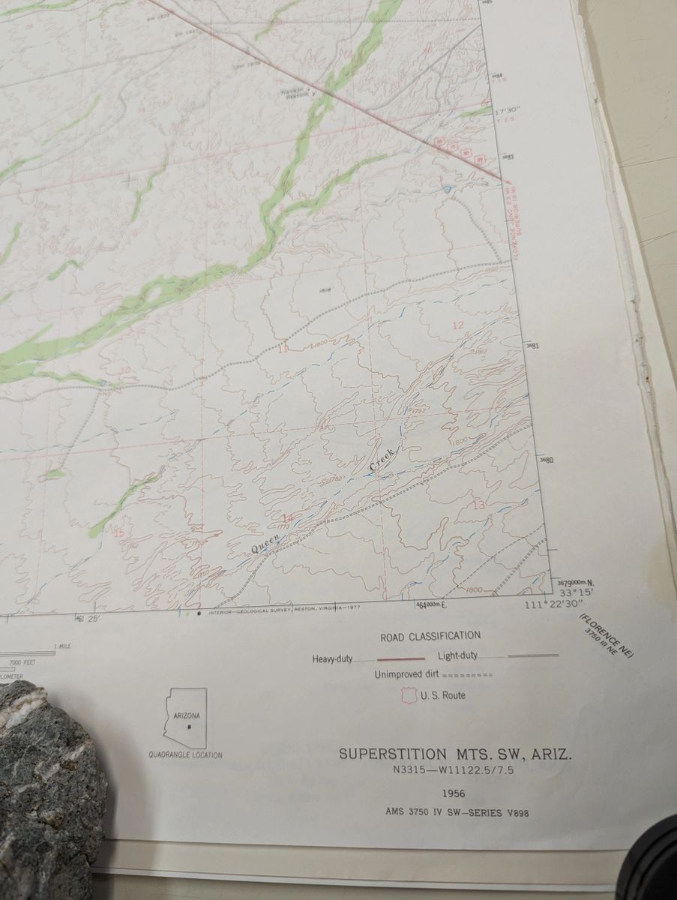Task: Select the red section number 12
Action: coord(457,325)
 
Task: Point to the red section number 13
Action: coord(478,505)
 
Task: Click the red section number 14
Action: coord(286,518)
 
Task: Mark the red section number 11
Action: coord(283,349)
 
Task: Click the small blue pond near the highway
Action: coord(448,189)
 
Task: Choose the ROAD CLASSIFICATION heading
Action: coord(430,636)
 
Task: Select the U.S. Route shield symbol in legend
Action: coord(409,695)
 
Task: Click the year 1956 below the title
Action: coord(454,793)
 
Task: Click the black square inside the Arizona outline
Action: coord(190,727)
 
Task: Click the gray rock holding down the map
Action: coord(45,780)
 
